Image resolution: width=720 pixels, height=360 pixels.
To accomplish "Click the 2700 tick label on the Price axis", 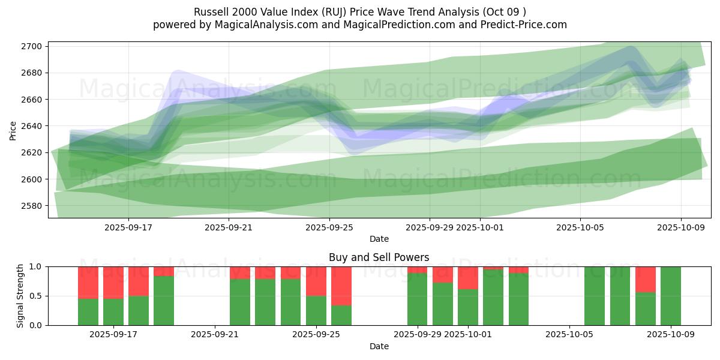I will coord(31,46).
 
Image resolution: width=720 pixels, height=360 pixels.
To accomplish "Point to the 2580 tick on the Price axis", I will coord(31,206).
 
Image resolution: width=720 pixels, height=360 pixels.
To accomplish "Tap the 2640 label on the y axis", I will coord(31,126).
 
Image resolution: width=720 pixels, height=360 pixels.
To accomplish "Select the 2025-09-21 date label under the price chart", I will coord(229,227).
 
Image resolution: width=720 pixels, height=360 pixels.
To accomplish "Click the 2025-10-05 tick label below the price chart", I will coord(580,227).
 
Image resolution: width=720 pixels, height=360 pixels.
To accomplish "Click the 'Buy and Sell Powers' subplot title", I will coord(379,257).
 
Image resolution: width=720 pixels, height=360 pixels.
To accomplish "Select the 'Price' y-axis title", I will coord(13,130).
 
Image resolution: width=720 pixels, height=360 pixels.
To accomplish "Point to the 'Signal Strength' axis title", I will coord(20,296).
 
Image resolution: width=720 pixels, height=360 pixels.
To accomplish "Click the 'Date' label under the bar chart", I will coord(379,346).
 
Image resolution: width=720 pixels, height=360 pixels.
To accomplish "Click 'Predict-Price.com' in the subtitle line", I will coord(525,25).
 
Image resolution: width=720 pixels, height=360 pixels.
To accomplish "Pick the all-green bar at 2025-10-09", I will coord(671,296).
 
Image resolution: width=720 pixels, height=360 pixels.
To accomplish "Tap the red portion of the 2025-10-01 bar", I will coord(468,278).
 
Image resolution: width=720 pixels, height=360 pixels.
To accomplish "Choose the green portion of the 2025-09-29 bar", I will coord(418,299).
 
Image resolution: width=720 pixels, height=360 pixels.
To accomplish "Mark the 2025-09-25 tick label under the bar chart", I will coord(316,335).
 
